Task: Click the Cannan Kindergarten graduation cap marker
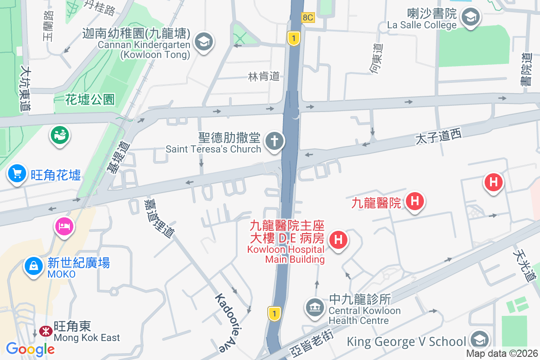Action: [x=204, y=42]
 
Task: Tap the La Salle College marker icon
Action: [x=471, y=18]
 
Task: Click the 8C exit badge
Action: [x=308, y=18]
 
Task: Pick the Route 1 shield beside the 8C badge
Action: [x=293, y=39]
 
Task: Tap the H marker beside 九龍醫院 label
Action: [x=415, y=201]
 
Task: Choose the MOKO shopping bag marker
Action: [x=33, y=266]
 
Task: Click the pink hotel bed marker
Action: [x=64, y=225]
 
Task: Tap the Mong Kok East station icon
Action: [x=45, y=331]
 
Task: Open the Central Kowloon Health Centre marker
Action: [x=315, y=308]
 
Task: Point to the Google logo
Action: [x=30, y=349]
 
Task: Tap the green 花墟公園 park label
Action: [x=90, y=99]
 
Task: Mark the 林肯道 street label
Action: [x=264, y=76]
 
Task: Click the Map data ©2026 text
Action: [x=502, y=354]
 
